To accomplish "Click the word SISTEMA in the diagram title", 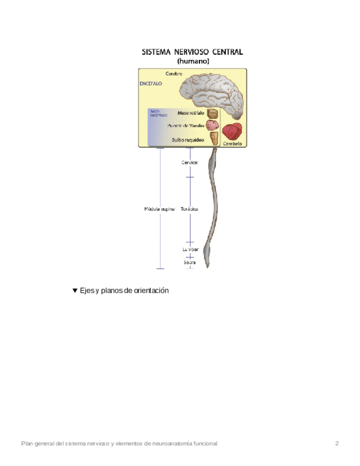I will point(156,53).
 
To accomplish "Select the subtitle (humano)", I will point(192,62).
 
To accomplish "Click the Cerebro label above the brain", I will point(174,73).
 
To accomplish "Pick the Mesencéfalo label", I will point(191,113).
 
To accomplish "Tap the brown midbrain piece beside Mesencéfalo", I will point(213,114).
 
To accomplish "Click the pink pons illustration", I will point(213,125).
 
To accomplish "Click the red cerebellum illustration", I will point(232,132).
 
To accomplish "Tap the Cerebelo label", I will point(232,143).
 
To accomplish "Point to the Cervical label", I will point(190,163).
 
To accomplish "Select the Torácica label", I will point(190,209).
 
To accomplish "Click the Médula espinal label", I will point(159,209).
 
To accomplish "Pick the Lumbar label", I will point(190,249).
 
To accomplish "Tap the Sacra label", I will point(190,262).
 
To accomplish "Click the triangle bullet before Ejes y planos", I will point(75,291).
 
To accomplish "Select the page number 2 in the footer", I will point(337,443).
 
